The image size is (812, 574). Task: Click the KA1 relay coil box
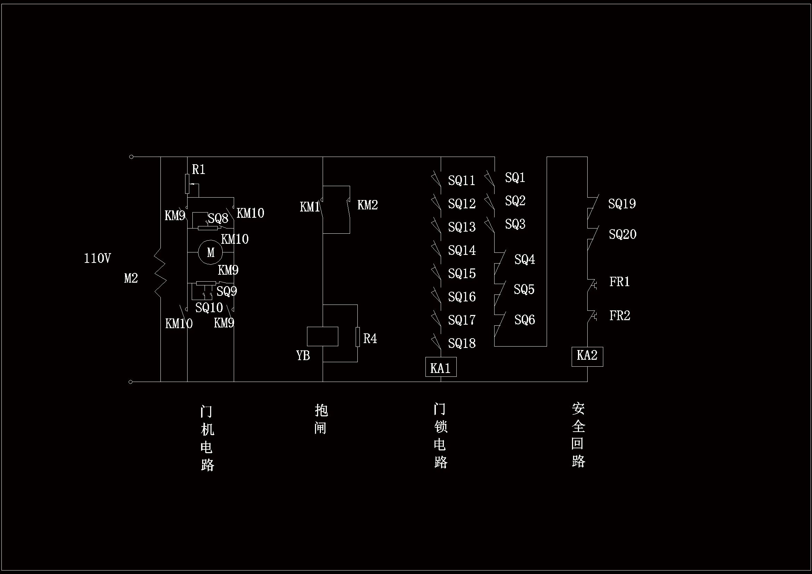[441, 367]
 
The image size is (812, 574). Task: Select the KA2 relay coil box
[587, 357]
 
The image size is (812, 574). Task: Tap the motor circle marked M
[210, 252]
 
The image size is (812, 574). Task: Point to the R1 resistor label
[198, 170]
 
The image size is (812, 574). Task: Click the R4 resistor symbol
[357, 337]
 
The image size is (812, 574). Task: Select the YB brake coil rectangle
[323, 336]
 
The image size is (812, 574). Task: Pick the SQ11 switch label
[462, 181]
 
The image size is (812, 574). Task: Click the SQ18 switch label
[462, 343]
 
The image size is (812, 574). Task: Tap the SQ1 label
[515, 177]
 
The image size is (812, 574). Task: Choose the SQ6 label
[524, 320]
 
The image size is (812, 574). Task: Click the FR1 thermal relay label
[619, 282]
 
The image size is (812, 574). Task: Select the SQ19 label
[622, 204]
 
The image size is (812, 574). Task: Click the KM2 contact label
[367, 205]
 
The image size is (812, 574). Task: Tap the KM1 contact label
[310, 207]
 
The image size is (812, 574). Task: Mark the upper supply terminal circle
[131, 157]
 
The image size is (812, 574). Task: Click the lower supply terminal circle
[131, 382]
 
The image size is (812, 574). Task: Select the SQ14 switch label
[462, 250]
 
